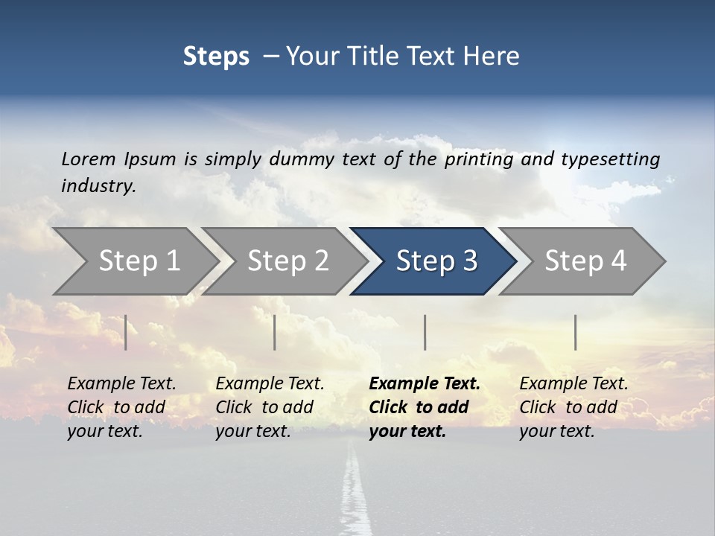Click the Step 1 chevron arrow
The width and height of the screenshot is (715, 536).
click(x=139, y=261)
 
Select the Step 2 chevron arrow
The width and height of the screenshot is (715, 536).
click(x=287, y=261)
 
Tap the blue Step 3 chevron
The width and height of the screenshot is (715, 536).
click(x=436, y=261)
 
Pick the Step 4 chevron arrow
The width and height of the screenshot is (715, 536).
click(x=585, y=261)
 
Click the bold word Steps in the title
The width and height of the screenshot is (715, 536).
click(x=216, y=57)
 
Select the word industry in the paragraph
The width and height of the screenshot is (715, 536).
click(x=98, y=185)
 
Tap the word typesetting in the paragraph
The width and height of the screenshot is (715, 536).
click(x=610, y=159)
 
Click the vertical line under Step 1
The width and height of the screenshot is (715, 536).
click(x=126, y=332)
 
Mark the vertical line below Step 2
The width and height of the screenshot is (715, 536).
click(x=275, y=332)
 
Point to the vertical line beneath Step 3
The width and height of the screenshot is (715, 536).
click(x=425, y=332)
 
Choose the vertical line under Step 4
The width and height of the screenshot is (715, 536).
click(x=575, y=332)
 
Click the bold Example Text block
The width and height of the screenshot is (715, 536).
click(x=424, y=407)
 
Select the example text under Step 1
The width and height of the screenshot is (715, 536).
click(x=121, y=407)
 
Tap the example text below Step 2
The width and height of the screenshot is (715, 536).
click(x=270, y=407)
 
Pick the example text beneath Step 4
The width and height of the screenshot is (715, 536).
click(x=573, y=407)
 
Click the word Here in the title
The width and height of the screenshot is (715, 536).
click(x=495, y=57)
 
